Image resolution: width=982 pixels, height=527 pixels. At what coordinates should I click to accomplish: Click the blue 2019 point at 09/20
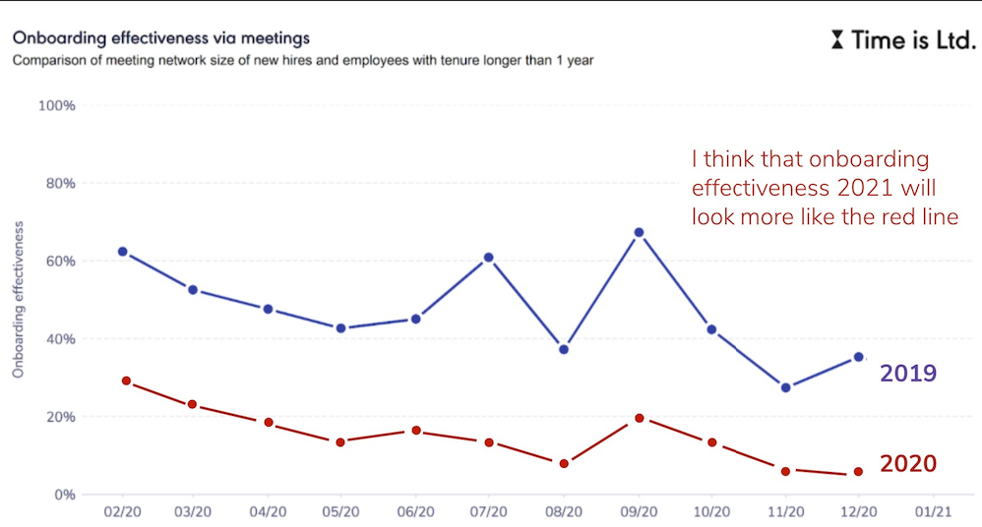(x=639, y=232)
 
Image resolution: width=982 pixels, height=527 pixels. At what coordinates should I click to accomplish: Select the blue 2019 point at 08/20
(x=564, y=349)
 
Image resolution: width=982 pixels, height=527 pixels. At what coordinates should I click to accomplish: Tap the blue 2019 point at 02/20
(x=122, y=252)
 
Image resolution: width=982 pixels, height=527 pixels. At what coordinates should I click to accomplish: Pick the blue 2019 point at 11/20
(x=785, y=387)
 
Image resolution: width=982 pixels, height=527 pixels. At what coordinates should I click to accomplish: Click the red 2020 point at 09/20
(x=639, y=418)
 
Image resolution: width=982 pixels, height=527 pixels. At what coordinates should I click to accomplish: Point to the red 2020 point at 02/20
(x=126, y=381)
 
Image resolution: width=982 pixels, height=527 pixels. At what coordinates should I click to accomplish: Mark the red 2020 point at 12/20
(x=858, y=472)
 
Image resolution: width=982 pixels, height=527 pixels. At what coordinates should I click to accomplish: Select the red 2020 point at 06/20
(x=415, y=431)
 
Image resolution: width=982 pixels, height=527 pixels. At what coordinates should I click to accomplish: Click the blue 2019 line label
(x=907, y=374)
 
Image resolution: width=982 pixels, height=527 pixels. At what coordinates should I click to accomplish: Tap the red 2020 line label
(x=907, y=463)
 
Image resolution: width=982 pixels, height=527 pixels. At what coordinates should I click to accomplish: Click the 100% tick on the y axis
(x=57, y=105)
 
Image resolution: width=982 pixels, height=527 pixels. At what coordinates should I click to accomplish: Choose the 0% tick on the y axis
(x=64, y=495)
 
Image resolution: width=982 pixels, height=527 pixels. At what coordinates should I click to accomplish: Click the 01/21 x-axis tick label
(x=933, y=512)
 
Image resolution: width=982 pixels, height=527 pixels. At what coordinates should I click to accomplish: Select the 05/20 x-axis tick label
(x=340, y=512)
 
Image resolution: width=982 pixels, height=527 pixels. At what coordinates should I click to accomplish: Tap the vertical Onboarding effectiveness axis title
(x=18, y=300)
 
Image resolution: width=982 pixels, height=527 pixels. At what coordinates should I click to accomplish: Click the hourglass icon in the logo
(x=836, y=40)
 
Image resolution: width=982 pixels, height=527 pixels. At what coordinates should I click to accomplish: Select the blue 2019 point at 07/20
(x=489, y=258)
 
